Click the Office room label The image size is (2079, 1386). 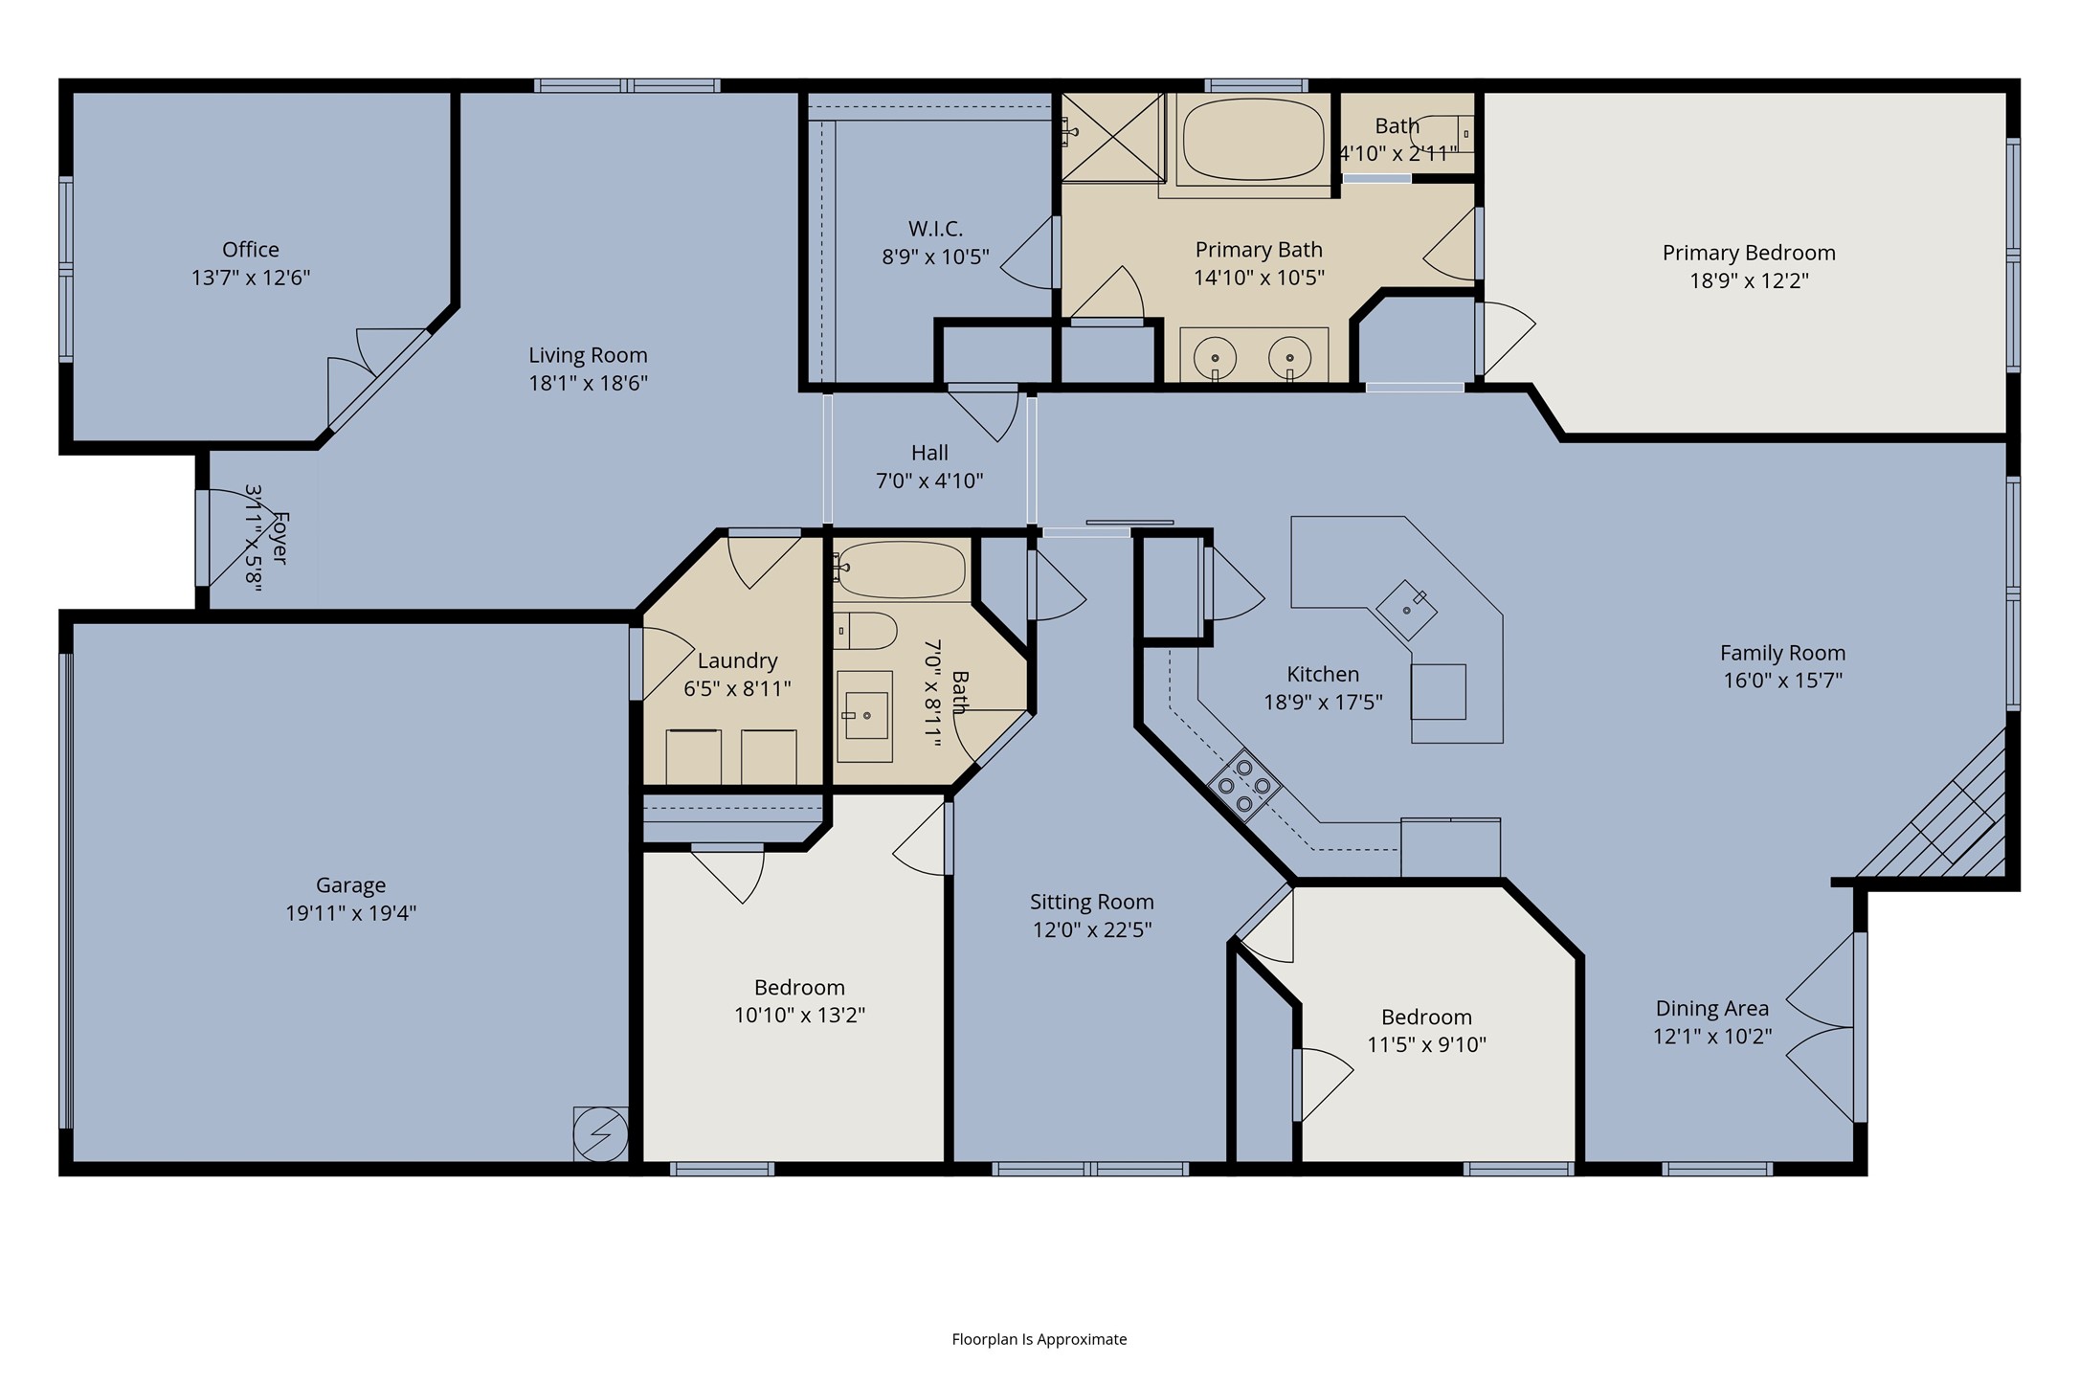coord(251,250)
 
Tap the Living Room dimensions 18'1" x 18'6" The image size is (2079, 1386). coord(588,383)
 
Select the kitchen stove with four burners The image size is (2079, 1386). coord(1244,786)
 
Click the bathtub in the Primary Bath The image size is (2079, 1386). coord(1254,140)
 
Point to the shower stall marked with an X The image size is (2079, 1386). coord(1113,137)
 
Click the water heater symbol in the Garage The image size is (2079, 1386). coord(600,1134)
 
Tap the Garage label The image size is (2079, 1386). coord(351,885)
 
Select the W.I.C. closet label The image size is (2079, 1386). coord(935,229)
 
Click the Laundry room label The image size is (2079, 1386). coord(737,660)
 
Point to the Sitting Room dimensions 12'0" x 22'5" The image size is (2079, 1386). coord(1092,929)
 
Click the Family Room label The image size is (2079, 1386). coord(1782,653)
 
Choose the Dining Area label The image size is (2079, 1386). coord(1712,1009)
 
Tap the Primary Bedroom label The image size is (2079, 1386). coord(1749,253)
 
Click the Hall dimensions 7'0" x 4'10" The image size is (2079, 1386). coord(929,481)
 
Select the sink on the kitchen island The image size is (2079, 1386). coord(1406,610)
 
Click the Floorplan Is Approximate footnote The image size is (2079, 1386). coord(1039,1339)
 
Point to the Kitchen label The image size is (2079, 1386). coord(1323,674)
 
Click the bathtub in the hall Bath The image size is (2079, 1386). coord(899,570)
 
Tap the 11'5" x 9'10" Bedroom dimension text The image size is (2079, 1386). coord(1426,1044)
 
